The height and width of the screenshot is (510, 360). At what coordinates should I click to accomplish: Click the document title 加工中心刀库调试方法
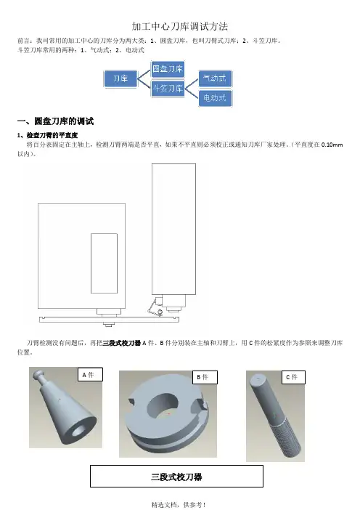(180, 26)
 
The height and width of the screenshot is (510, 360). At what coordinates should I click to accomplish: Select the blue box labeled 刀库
(120, 78)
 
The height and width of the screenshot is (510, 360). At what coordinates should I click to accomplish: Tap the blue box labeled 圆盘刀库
(168, 69)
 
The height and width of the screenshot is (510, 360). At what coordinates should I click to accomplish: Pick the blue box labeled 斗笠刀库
(168, 88)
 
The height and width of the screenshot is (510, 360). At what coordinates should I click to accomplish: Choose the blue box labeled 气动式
(215, 78)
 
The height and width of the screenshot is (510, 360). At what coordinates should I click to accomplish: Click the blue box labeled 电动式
(215, 97)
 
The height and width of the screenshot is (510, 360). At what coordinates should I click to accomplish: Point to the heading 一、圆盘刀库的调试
(56, 121)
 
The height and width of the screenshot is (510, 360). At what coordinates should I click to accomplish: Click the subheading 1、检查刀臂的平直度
(47, 135)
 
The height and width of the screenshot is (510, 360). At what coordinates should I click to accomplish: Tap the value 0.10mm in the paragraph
(332, 145)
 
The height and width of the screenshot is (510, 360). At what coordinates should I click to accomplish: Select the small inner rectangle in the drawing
(104, 263)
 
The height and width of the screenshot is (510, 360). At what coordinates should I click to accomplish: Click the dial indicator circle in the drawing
(160, 312)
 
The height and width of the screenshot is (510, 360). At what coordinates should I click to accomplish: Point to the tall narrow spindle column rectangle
(173, 230)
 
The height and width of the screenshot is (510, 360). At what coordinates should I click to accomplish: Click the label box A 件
(90, 375)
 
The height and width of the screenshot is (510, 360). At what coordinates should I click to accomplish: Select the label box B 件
(205, 377)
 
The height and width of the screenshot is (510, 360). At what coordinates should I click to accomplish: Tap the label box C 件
(293, 377)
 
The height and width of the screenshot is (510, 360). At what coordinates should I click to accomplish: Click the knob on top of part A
(38, 373)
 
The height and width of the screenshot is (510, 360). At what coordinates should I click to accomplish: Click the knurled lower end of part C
(285, 438)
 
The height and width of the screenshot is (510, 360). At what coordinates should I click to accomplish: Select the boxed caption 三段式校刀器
(176, 477)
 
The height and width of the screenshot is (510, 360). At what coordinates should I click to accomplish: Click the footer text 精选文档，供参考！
(179, 505)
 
